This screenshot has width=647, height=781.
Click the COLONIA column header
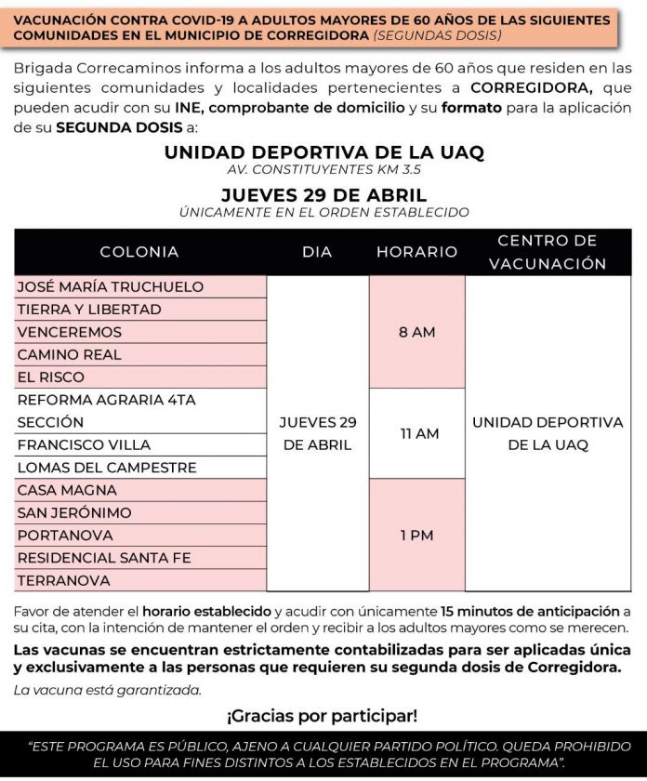pos(139,252)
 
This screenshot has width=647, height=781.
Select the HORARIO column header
pos(416,252)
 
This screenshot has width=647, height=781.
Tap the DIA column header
pos(317,252)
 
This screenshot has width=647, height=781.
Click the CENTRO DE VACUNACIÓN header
pos(548,252)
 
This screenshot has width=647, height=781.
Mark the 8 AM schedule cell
pos(416,332)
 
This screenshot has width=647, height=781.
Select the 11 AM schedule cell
pos(416,433)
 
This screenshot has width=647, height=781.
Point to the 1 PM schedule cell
pos(416,536)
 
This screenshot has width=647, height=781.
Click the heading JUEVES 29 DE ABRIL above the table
pos(323,195)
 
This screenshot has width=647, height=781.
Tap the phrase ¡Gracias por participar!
pos(323,716)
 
